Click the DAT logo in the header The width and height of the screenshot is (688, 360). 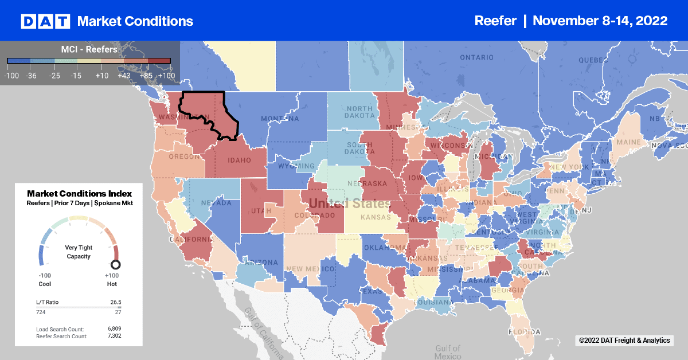[45, 21]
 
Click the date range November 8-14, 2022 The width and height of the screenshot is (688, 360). [600, 21]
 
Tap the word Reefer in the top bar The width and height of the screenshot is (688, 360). [496, 21]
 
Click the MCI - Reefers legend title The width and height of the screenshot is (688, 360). [89, 49]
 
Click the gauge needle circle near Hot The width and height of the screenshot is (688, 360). [115, 264]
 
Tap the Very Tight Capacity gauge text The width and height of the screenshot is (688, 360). [79, 252]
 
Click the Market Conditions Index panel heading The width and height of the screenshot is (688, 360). [79, 194]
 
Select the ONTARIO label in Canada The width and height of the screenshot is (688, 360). [476, 57]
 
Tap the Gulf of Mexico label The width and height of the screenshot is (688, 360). [447, 352]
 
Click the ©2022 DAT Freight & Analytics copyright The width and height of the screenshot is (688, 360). [624, 341]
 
